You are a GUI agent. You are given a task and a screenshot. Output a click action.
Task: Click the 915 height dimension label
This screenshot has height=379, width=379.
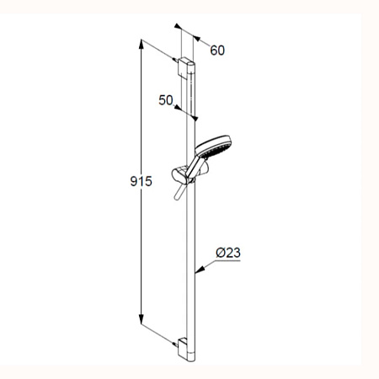pyautogui.click(x=141, y=181)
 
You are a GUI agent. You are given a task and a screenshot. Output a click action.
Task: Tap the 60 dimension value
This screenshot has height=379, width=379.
pyautogui.click(x=217, y=51)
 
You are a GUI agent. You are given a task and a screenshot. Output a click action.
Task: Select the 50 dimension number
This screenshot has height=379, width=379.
pyautogui.click(x=166, y=100)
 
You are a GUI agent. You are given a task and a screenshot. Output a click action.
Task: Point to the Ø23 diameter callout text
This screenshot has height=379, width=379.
pyautogui.click(x=228, y=253)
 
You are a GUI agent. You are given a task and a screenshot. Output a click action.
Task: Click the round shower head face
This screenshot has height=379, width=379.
pyautogui.click(x=213, y=147)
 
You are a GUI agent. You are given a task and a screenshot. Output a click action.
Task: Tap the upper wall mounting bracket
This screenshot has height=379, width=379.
pyautogui.click(x=184, y=68)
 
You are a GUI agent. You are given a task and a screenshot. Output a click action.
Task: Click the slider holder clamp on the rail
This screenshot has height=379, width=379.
pyautogui.click(x=180, y=175)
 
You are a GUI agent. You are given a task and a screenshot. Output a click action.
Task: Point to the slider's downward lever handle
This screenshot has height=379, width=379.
pyautogui.click(x=179, y=192)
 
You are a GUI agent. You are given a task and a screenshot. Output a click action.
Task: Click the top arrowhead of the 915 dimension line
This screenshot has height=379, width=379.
pyautogui.click(x=141, y=44)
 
